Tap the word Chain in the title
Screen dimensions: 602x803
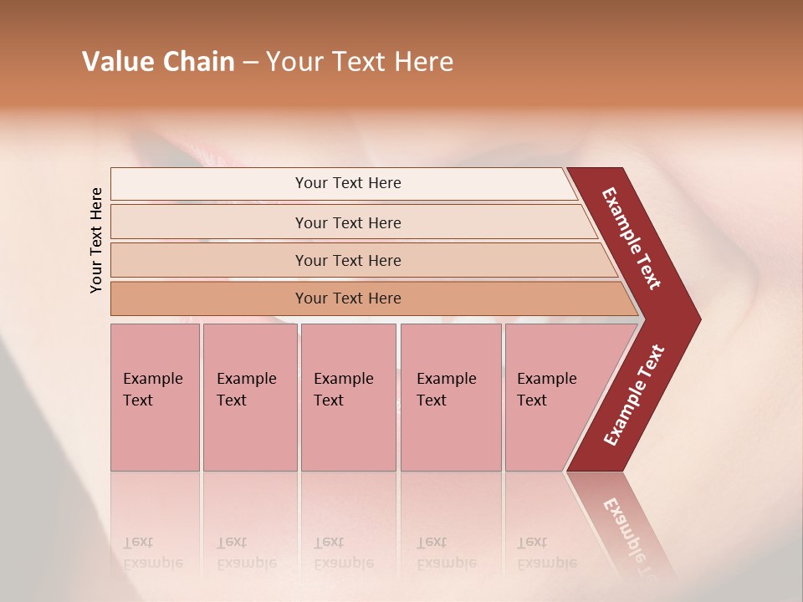198,62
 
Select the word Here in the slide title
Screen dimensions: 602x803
424,62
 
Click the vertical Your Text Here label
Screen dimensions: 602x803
96,240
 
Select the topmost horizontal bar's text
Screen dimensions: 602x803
348,183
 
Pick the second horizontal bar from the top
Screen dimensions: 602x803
348,222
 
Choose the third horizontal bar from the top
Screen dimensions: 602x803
348,260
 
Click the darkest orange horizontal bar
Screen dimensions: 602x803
348,298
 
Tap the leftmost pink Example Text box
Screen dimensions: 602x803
154,397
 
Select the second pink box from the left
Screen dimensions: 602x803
249,397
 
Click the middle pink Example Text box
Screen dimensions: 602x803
347,397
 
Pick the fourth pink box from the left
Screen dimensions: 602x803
450,397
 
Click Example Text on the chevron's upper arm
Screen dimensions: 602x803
632,238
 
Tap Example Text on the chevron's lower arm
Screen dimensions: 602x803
634,395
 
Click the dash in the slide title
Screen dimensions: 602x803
250,63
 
